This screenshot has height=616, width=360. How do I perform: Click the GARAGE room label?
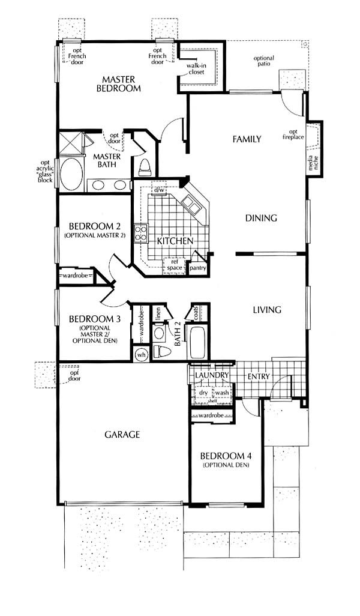click(x=122, y=435)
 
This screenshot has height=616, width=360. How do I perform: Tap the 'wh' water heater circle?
click(x=142, y=354)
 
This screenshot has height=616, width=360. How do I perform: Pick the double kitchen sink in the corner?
click(x=190, y=205)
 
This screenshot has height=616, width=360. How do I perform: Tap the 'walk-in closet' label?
click(x=196, y=69)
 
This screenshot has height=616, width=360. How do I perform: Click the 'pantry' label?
click(x=197, y=268)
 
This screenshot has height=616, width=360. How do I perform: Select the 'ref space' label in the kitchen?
click(x=175, y=265)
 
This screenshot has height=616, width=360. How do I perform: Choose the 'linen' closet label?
click(x=158, y=314)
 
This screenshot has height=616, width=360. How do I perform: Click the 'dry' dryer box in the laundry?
click(x=203, y=393)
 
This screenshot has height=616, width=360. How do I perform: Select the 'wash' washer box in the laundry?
click(x=222, y=393)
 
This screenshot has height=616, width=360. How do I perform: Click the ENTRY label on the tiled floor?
click(x=259, y=376)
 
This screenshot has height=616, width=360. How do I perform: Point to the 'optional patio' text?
click(x=264, y=61)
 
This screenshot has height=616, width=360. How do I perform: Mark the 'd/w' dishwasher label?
click(x=159, y=190)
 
